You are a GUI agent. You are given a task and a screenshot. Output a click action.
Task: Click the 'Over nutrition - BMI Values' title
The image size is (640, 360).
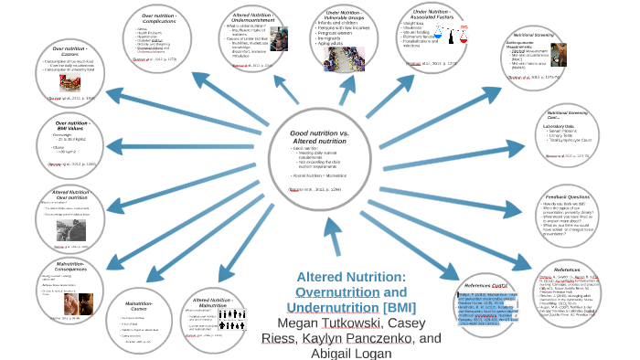click(x=70, y=126)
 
